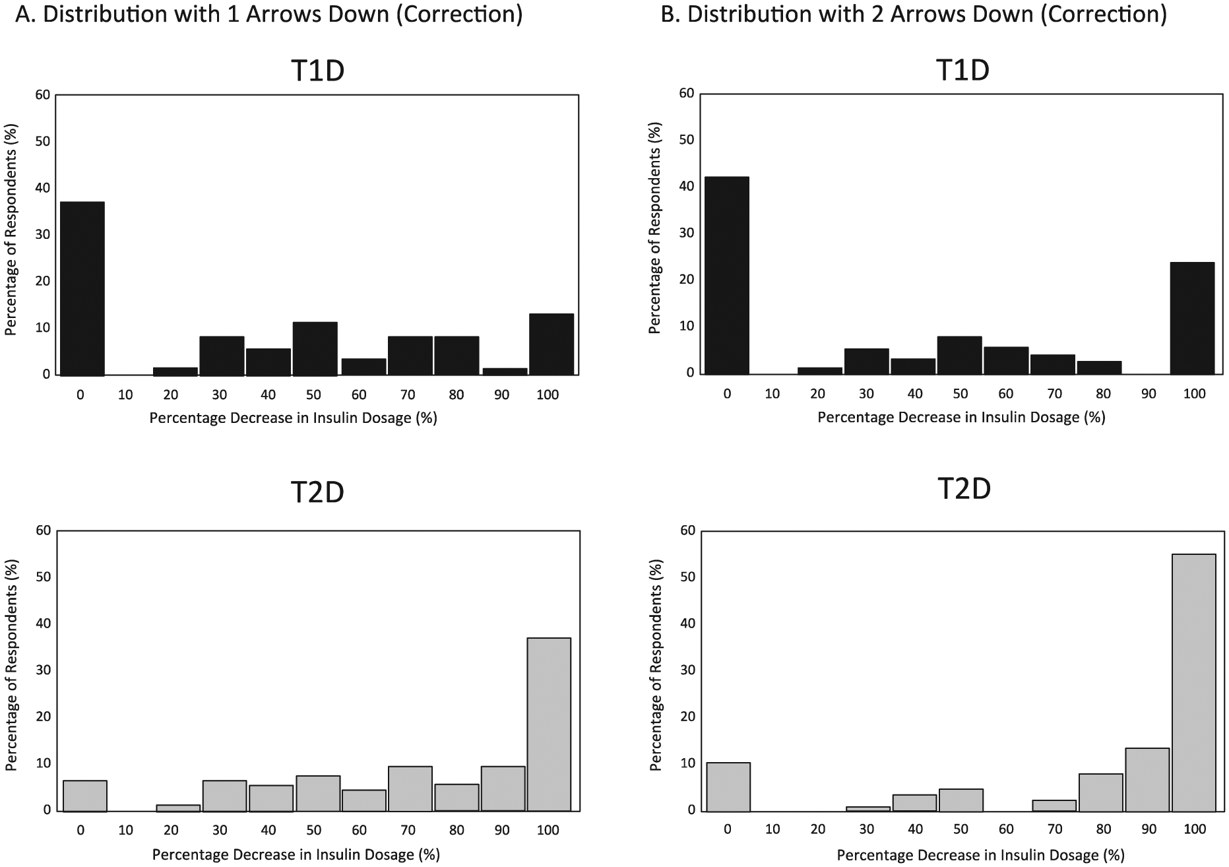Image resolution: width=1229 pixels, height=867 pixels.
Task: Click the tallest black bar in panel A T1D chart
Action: point(82,288)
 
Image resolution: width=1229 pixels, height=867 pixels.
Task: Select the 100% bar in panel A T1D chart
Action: point(551,344)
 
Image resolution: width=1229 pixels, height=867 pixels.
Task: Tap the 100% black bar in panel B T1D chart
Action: point(1192,318)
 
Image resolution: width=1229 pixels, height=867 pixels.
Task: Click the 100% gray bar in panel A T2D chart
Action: point(549,724)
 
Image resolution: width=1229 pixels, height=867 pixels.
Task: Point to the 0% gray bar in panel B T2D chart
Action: point(728,787)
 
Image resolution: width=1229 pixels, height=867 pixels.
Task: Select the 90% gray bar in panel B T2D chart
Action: point(1147,779)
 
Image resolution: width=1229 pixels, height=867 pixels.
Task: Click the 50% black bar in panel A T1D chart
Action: point(315,348)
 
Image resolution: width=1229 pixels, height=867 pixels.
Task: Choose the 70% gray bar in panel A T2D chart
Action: point(410,788)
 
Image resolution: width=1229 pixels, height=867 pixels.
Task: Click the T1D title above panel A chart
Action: point(317,71)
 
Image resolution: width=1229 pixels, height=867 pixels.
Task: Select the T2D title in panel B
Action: point(964,489)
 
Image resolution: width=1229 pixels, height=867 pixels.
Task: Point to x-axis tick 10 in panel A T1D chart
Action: point(125,395)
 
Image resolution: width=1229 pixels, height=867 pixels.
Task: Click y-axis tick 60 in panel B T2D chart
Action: point(688,530)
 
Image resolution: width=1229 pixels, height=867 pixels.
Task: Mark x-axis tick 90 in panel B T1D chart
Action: point(1149,394)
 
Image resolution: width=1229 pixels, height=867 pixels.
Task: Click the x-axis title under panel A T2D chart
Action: point(296,855)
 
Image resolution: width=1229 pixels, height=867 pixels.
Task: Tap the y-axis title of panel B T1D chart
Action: point(654,227)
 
